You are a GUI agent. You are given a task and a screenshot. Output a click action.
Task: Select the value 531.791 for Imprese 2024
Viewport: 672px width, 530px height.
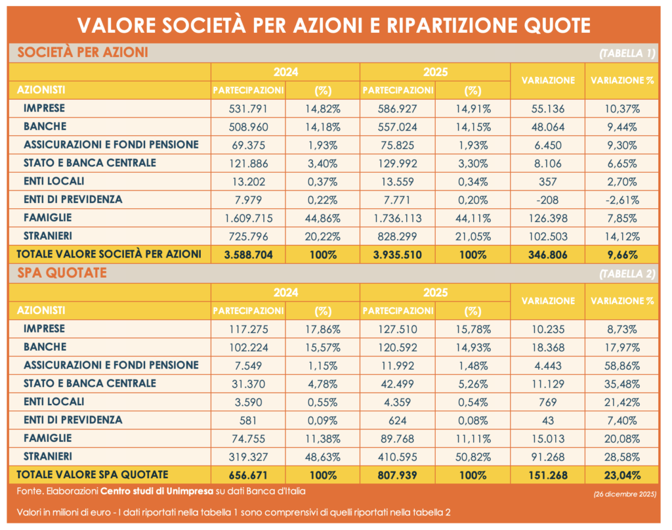click(x=248, y=108)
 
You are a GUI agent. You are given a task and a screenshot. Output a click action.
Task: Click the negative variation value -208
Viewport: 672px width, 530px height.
click(x=547, y=199)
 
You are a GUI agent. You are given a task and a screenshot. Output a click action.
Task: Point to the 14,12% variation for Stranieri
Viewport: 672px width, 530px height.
click(x=622, y=236)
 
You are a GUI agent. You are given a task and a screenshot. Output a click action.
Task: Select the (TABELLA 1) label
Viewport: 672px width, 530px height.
click(x=627, y=54)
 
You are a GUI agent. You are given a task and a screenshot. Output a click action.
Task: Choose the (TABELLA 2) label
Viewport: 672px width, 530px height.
click(x=627, y=275)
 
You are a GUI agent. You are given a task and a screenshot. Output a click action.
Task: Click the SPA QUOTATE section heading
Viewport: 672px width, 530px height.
click(x=62, y=273)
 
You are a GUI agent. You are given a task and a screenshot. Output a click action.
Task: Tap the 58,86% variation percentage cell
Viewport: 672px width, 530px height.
click(x=622, y=364)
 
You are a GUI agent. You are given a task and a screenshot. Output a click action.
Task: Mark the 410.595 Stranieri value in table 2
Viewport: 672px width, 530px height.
click(x=398, y=456)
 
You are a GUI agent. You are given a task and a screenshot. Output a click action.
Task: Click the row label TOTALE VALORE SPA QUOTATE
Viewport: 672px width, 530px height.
click(x=93, y=474)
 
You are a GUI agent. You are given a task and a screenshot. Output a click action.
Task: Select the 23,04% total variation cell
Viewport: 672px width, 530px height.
click(x=622, y=475)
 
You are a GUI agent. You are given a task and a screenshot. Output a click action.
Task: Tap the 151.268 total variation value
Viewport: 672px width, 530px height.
click(x=547, y=475)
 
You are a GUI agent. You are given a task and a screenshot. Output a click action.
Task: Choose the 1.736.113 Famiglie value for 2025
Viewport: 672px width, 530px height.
click(x=398, y=217)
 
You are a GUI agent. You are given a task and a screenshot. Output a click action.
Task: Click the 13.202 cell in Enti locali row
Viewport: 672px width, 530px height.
click(x=248, y=181)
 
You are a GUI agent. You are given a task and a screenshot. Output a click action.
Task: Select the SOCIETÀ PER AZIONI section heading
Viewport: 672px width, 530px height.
click(x=83, y=53)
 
